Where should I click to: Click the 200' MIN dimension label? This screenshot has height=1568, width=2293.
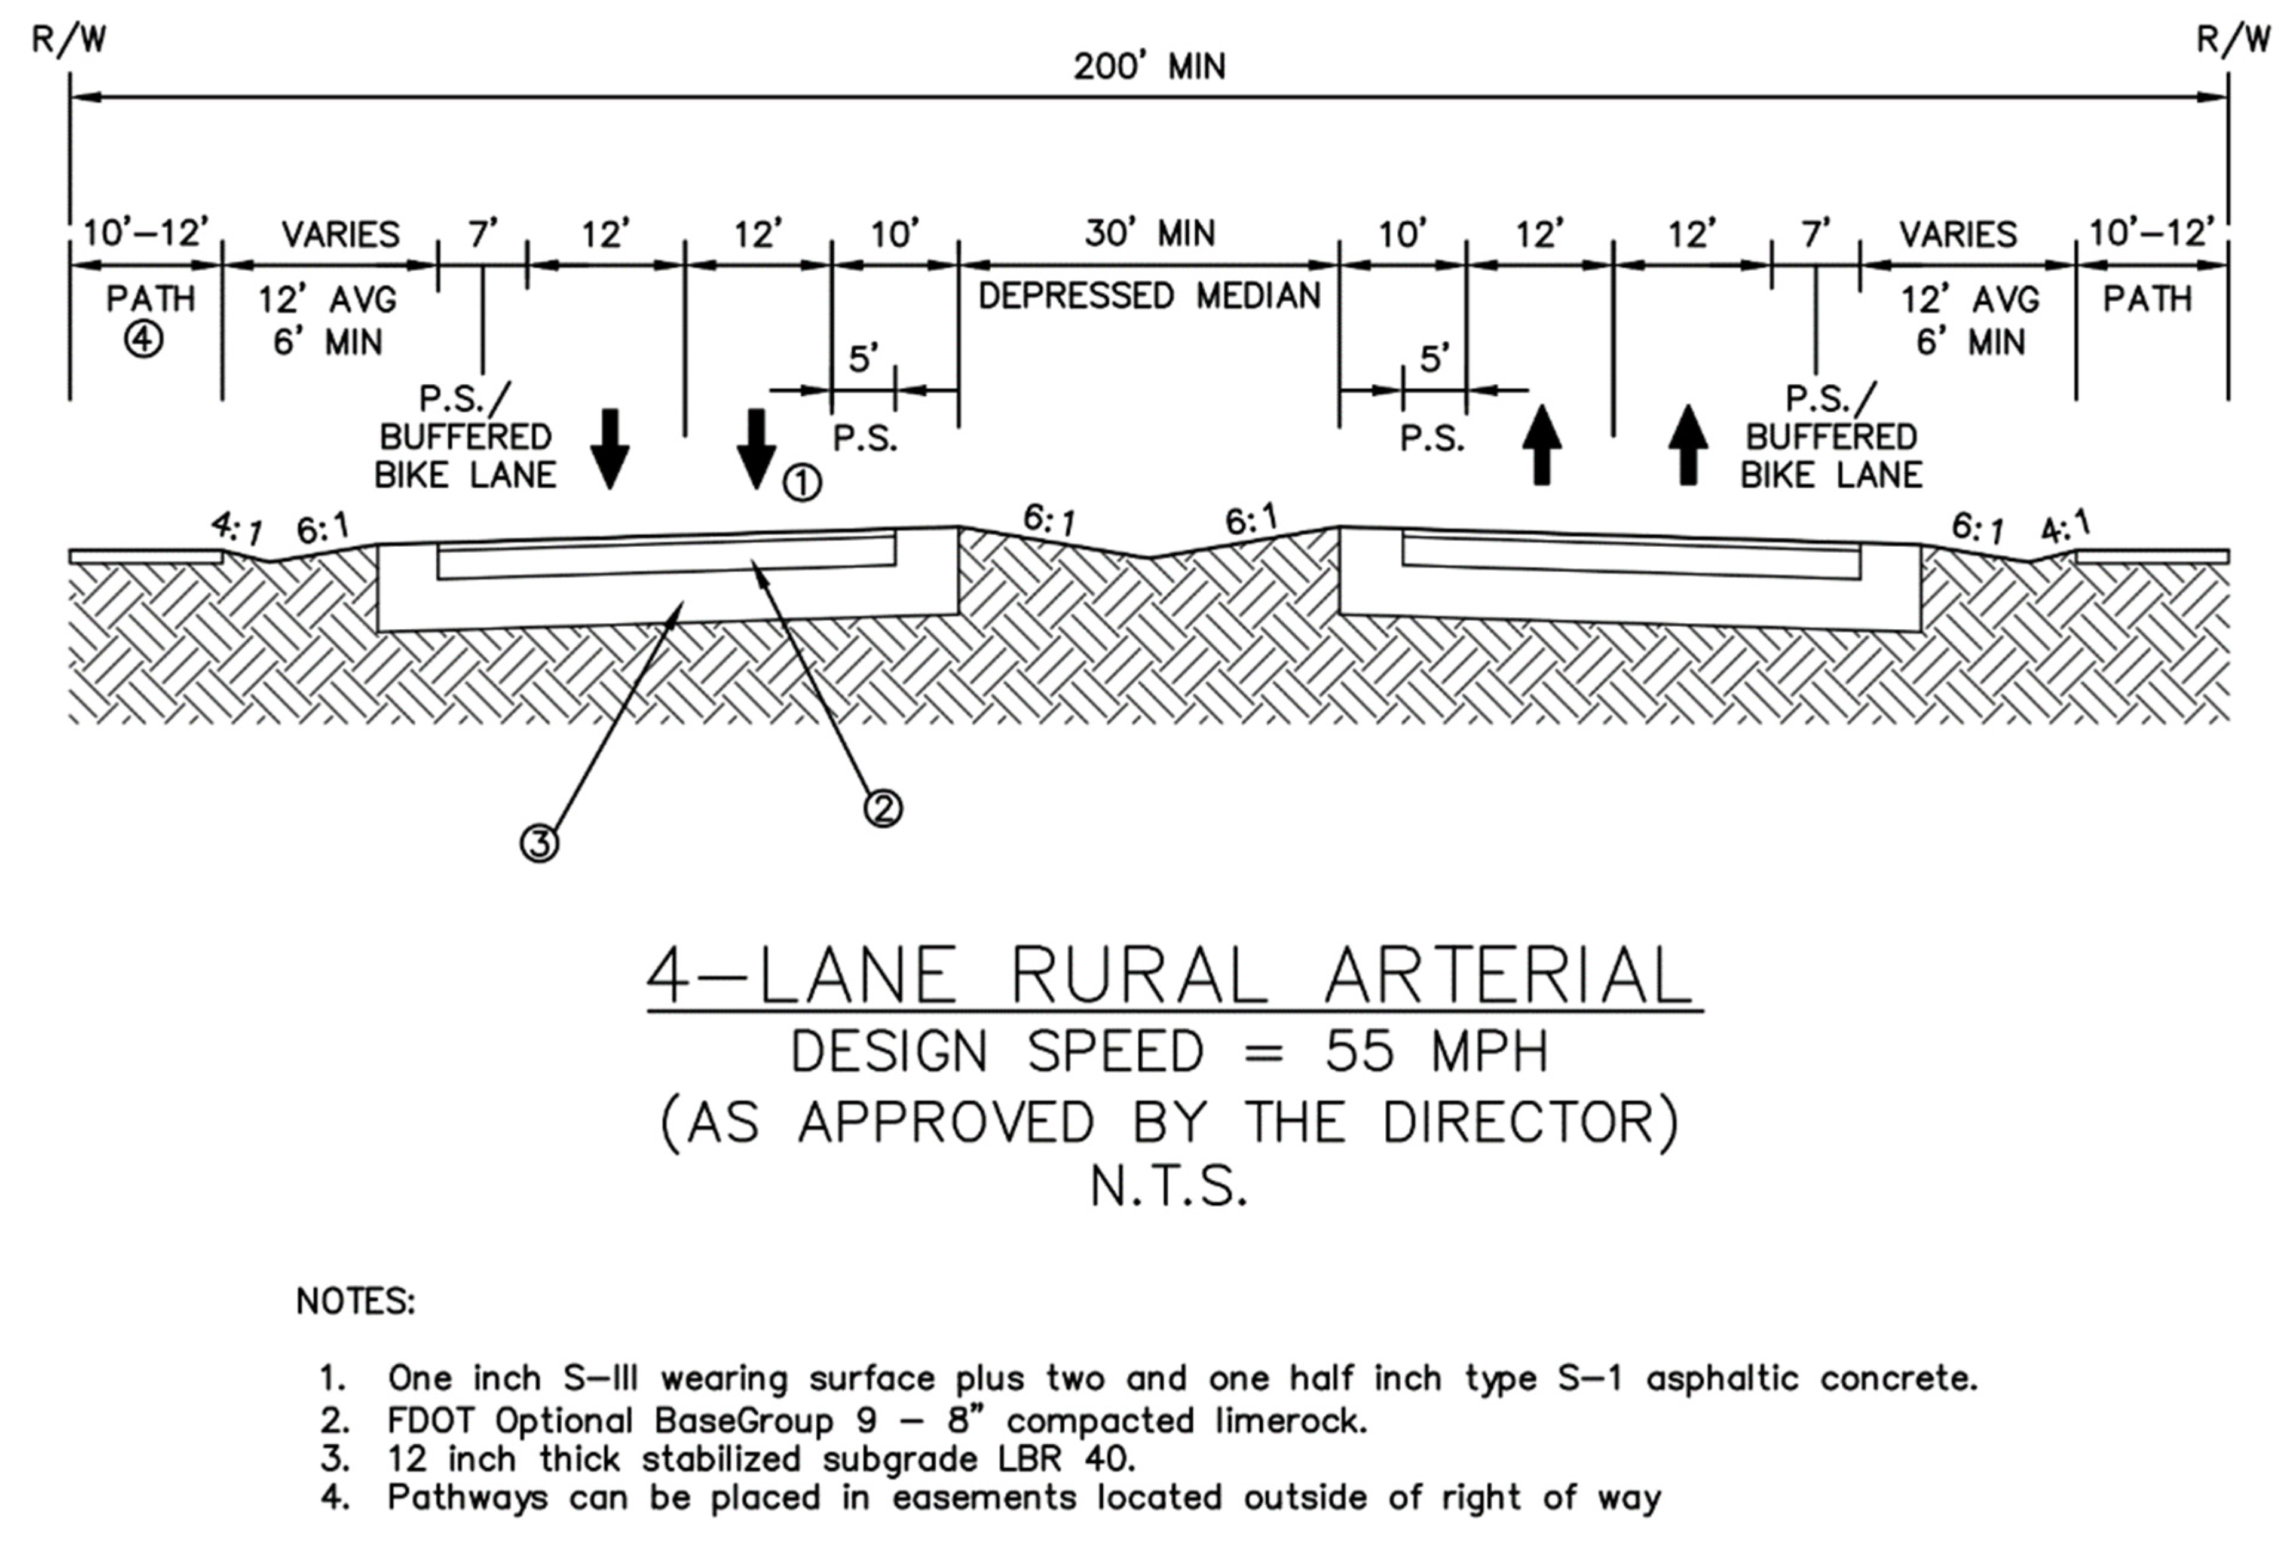coord(1149,67)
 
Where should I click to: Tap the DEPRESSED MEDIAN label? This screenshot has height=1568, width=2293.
coord(1149,296)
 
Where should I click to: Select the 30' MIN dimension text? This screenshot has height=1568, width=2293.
coord(1149,234)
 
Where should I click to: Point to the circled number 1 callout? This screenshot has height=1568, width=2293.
coord(802,483)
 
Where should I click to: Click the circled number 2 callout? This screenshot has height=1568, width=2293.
coord(883,808)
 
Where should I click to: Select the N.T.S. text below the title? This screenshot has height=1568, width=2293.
coord(1169,1187)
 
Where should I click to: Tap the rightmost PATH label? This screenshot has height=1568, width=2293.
coord(2148,298)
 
